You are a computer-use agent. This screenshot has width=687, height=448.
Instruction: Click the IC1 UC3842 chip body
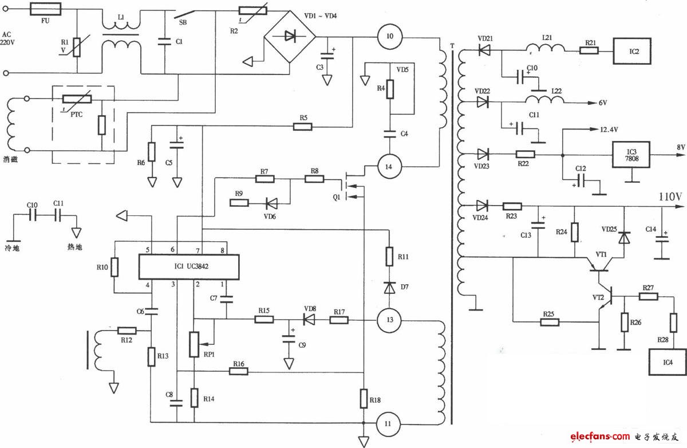(x=189, y=267)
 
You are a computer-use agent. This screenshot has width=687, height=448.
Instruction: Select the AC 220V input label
(x=7, y=38)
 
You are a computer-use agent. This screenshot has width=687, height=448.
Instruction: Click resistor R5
(x=302, y=126)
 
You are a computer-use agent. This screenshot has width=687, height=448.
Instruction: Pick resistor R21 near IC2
(x=589, y=50)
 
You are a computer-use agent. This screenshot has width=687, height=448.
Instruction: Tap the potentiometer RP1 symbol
(x=195, y=343)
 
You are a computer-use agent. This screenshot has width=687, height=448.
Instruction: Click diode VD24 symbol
(x=483, y=206)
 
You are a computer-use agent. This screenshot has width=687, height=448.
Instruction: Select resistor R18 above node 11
(x=364, y=398)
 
